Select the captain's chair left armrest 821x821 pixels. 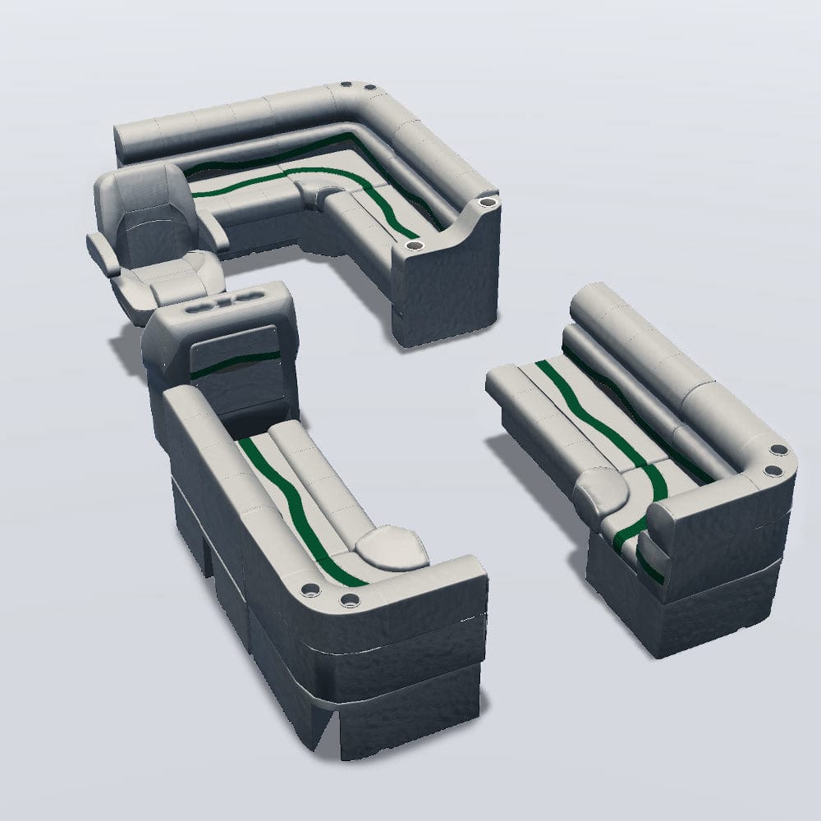coord(105,250)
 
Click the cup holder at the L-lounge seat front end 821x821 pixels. coord(411,245)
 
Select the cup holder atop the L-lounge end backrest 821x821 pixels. coord(487,200)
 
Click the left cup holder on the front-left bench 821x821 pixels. coord(313,589)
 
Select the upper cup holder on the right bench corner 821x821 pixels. coord(777,450)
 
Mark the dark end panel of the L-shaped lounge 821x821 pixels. coord(447,287)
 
